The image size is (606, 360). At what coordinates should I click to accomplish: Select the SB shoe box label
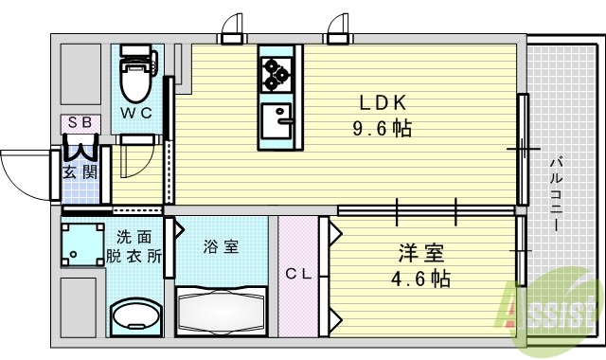77,123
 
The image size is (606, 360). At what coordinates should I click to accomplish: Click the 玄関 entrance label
79,172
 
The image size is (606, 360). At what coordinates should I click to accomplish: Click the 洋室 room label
420,255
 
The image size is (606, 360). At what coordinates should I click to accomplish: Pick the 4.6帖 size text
420,279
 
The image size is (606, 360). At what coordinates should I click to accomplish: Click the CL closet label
299,276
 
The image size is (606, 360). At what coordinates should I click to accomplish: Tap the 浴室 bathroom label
222,247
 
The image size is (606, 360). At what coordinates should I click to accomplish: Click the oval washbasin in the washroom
137,315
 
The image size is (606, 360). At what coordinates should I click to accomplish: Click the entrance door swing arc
24,171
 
